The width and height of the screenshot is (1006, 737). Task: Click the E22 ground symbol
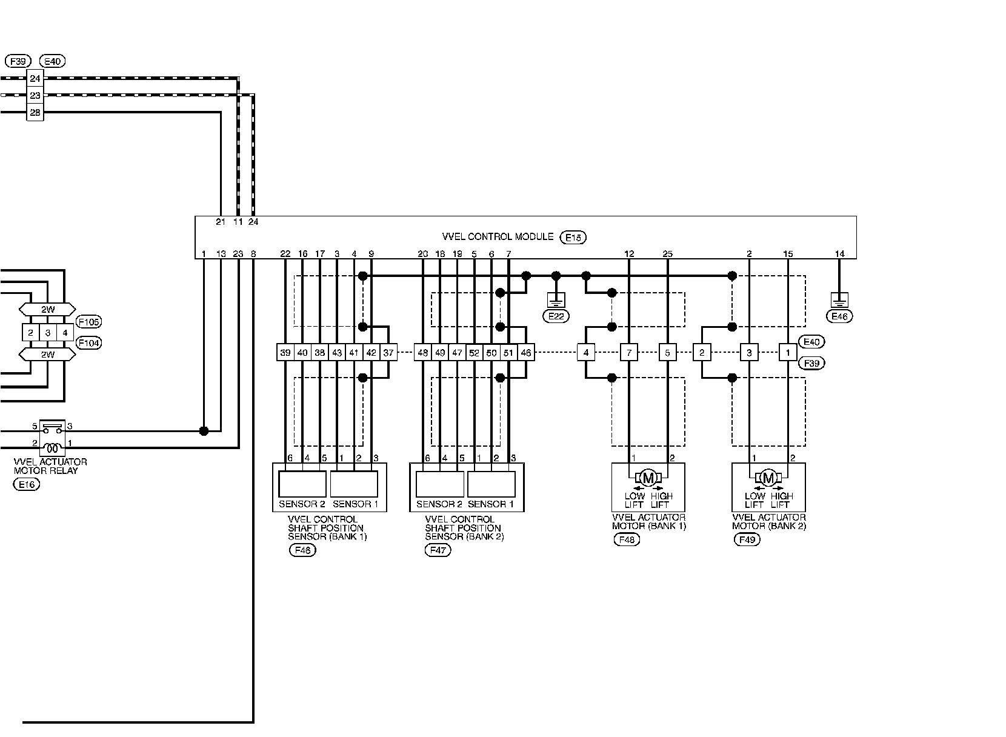coord(556,299)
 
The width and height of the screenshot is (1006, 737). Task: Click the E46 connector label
coord(840,316)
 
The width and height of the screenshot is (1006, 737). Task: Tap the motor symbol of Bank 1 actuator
coord(648,478)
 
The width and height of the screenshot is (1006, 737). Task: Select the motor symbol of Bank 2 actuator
coord(768,478)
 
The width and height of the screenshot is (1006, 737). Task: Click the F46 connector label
coord(303,550)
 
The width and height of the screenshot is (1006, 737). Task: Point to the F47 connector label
coord(438,550)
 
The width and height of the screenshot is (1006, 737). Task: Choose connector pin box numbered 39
coord(285,353)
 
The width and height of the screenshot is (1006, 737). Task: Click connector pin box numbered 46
coord(526,353)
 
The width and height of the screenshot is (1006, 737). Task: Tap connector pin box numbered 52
coord(475,353)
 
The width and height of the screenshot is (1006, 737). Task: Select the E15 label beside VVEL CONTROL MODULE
coord(573,238)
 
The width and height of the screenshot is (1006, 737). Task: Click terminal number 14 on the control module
coord(839,255)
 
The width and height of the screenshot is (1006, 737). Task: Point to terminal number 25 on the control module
coord(667,255)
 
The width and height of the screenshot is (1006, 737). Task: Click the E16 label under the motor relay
coord(26,484)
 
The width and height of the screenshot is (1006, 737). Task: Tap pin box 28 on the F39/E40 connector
coord(35,112)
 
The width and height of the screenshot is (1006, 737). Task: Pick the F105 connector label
coord(89,321)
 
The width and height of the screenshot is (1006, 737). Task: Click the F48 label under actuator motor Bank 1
coord(627,539)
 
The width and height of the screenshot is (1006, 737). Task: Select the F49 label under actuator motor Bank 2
coord(747,539)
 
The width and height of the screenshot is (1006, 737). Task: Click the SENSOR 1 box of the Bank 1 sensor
coord(354,484)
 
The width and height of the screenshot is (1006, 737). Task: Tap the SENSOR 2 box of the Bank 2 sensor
coord(440,484)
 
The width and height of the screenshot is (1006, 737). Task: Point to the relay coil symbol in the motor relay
coord(52,449)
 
